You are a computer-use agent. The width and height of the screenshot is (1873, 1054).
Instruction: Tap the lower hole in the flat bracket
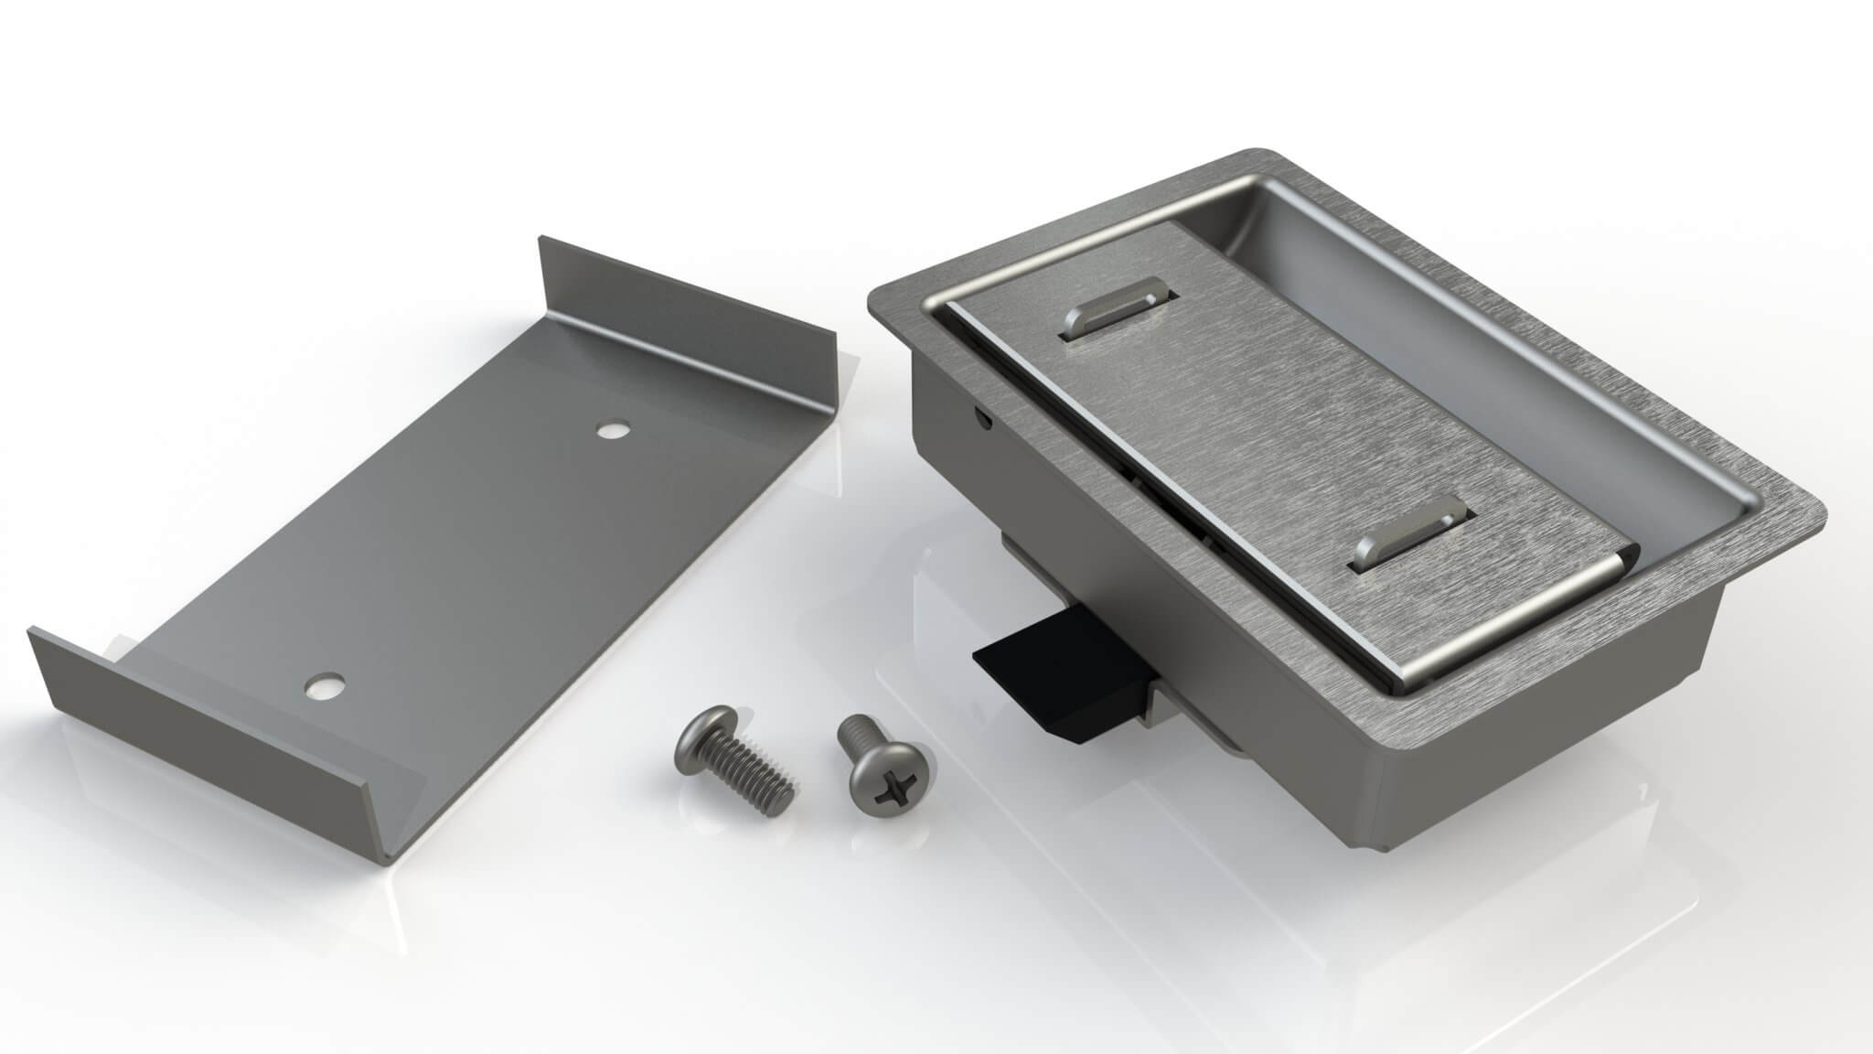pos(323,686)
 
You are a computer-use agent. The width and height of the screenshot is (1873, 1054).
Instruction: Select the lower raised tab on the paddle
pos(1408,539)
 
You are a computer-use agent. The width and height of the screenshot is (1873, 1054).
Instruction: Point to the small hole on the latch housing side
pos(983,419)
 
